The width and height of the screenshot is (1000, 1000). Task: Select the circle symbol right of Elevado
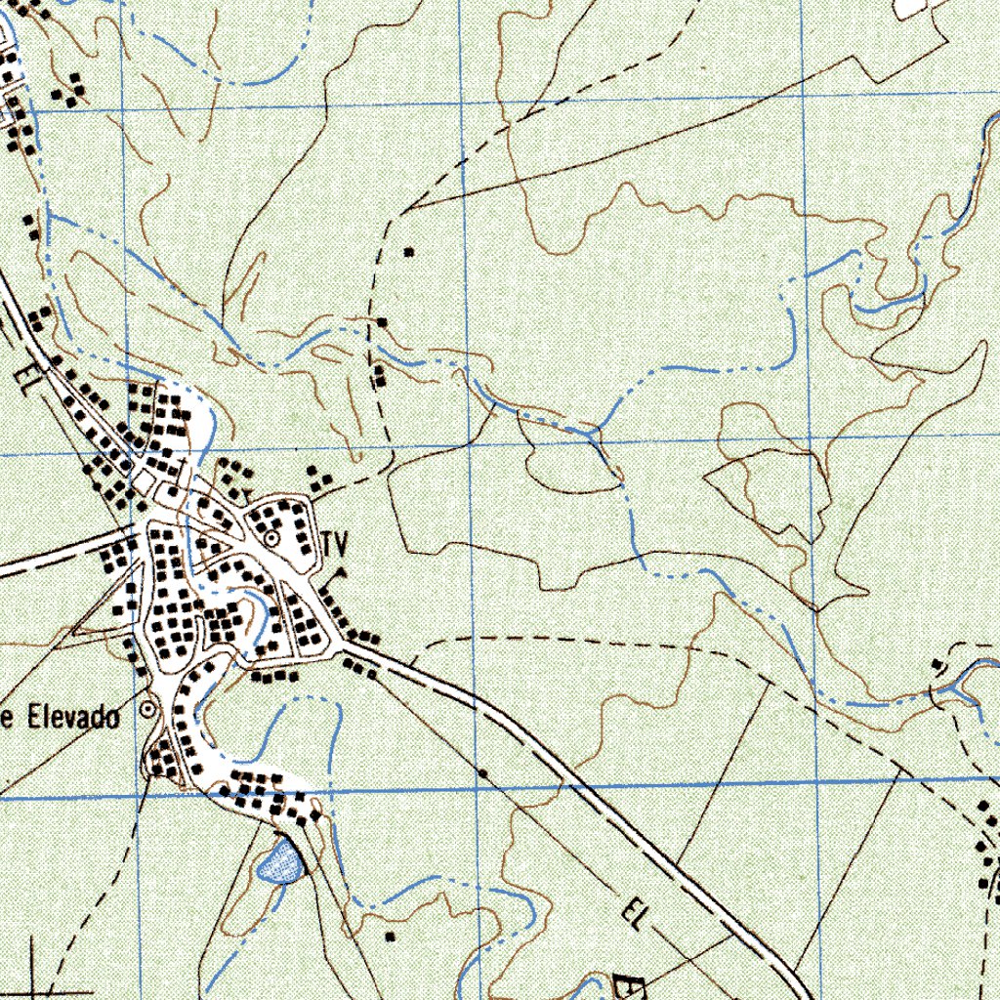147,710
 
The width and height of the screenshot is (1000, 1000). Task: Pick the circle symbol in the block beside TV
271,537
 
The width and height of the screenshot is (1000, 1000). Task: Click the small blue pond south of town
280,862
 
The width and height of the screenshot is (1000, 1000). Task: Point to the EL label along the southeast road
636,914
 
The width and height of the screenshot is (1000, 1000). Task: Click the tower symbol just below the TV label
341,570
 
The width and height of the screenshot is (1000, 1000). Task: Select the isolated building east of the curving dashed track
409,252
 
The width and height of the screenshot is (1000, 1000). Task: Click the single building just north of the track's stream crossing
383,321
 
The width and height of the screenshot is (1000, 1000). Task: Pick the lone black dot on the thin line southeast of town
482,773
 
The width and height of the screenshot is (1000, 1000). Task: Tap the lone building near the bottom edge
391,936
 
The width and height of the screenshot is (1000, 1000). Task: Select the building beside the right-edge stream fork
937,664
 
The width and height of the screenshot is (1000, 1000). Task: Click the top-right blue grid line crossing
803,98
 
